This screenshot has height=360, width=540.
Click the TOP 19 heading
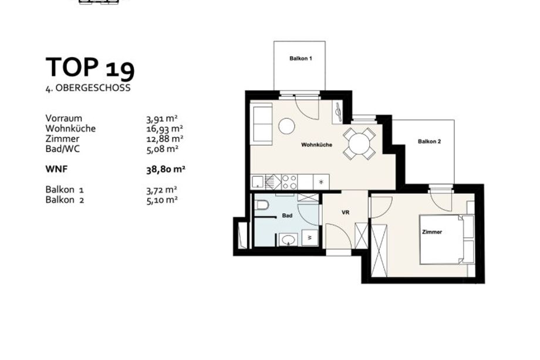coord(90,68)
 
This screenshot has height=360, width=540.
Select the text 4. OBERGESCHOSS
coord(88,88)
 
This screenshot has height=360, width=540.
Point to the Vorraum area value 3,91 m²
coord(162,119)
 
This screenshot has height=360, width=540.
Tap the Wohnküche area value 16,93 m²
coord(164,129)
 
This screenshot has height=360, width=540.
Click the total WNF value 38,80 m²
coord(166,170)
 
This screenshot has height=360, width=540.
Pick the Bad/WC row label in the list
coord(62,149)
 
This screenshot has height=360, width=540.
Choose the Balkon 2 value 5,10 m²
coord(162,200)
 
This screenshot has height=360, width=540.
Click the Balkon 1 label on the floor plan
coord(301,59)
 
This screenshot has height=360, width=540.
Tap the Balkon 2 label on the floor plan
coord(429,142)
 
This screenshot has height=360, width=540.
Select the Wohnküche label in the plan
coord(316,144)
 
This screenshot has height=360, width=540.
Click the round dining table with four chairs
coord(359,144)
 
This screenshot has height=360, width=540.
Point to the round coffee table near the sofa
coord(286,126)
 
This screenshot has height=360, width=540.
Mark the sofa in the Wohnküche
coord(263,125)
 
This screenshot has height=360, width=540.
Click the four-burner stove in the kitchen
coord(289,182)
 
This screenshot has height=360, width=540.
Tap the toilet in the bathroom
coord(262,205)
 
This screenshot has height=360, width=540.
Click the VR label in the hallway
coord(345,213)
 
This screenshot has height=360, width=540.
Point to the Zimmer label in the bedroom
coord(432,232)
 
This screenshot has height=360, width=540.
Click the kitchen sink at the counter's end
coord(257,182)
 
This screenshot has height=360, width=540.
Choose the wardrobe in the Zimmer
coord(379,250)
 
